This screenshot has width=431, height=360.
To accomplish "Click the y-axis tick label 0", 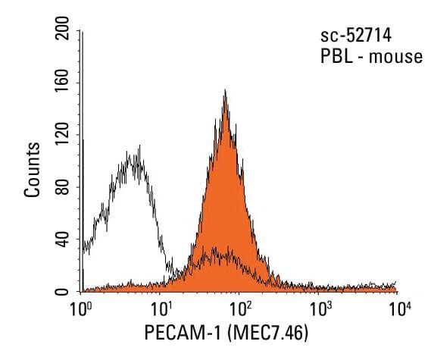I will click(x=64, y=291).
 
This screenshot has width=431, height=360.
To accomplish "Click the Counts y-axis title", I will click(x=33, y=168).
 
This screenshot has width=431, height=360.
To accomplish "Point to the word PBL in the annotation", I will click(x=334, y=57).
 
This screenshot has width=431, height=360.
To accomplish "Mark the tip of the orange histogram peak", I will click(x=225, y=91).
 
